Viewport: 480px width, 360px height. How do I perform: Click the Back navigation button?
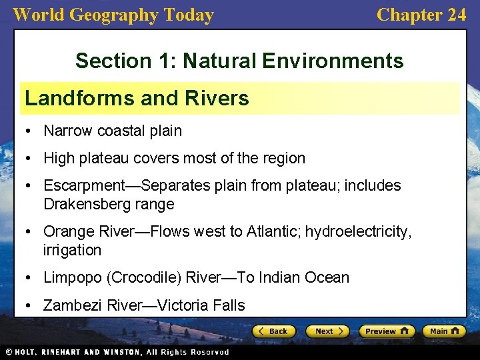coord(273,331)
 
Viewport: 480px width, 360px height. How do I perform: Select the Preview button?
coord(387,331)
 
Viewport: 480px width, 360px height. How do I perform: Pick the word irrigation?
coord(72,250)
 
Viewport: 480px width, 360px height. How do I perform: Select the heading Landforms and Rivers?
coord(137,99)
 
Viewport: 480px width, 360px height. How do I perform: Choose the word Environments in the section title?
coord(333,61)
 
